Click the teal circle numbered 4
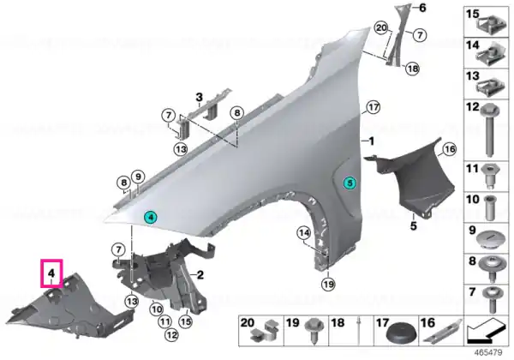click(x=151, y=217)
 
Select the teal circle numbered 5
click(x=350, y=183)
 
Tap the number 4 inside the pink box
click(x=51, y=273)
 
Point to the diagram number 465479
click(x=488, y=352)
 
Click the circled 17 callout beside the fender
click(x=373, y=107)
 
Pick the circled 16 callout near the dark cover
click(x=450, y=149)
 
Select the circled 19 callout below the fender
click(x=328, y=284)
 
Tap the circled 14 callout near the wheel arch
click(x=304, y=233)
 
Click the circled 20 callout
click(x=381, y=28)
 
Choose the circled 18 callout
click(x=412, y=69)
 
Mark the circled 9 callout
click(x=138, y=177)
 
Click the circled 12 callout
click(x=172, y=335)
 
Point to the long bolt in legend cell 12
click(x=489, y=130)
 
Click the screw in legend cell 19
click(x=314, y=330)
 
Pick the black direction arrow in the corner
click(x=485, y=332)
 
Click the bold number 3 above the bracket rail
click(x=199, y=98)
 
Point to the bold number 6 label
click(x=422, y=8)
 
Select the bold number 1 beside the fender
click(x=371, y=141)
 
